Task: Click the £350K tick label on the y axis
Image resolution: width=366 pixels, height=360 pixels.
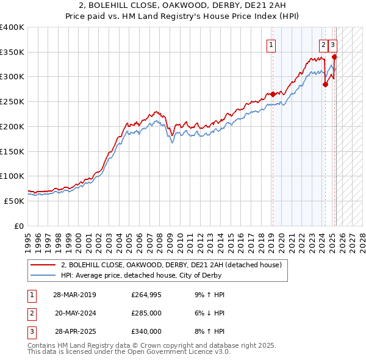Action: (12, 52)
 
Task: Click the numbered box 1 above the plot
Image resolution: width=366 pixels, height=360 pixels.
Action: (270, 44)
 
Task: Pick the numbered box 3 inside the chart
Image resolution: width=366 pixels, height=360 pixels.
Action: (332, 44)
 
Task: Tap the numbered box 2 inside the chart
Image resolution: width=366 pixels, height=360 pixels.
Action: (323, 44)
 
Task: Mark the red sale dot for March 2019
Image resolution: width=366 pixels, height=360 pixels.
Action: (273, 94)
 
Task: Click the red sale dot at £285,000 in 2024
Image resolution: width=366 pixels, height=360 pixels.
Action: (325, 84)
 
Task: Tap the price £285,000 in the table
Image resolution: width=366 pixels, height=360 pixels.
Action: (146, 314)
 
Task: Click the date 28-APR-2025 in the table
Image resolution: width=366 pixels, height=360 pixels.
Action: (74, 331)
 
